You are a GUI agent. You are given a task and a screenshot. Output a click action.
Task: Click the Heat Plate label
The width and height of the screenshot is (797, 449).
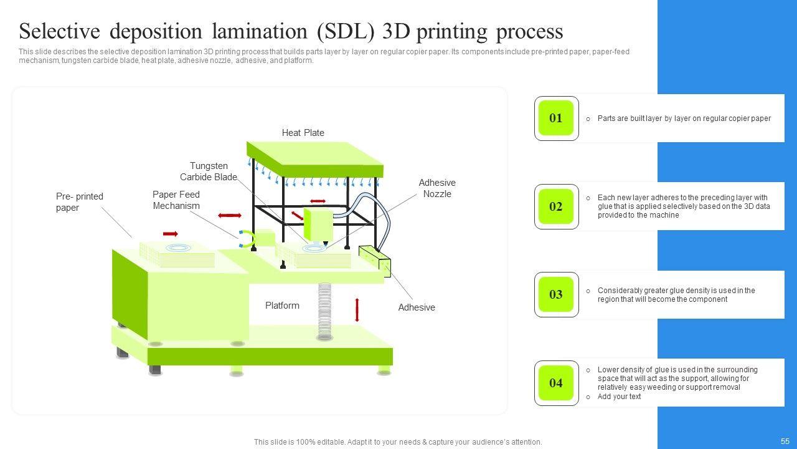coord(303,133)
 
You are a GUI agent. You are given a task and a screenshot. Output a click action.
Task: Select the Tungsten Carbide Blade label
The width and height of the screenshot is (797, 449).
coord(209,171)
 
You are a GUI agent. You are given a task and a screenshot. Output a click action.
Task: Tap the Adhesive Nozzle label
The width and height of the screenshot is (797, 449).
coord(437,188)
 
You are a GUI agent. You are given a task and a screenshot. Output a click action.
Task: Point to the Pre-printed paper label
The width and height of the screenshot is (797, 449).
coord(80,202)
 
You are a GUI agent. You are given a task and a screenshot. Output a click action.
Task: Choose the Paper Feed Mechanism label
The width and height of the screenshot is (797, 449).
coord(176,200)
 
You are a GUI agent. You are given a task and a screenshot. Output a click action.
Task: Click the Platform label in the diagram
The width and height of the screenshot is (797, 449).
coord(282,306)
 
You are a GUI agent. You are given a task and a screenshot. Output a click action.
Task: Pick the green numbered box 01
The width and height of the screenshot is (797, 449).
coord(555,118)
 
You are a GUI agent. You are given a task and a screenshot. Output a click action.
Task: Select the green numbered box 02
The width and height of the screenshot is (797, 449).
coord(555,206)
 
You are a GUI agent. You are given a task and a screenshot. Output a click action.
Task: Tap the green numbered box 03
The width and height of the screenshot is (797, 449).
coord(555,294)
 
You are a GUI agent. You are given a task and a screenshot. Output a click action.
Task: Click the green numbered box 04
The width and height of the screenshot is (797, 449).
coord(555,383)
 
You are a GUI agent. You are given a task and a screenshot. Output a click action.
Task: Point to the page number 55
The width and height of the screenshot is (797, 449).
coord(785,441)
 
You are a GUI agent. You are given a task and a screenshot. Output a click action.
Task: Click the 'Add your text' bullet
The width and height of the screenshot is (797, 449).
coord(619,397)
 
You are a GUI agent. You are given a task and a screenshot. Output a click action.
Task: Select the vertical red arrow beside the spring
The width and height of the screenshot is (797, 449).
coord(357,310)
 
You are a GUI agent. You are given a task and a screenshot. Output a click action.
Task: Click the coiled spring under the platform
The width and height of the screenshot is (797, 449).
coord(324,312)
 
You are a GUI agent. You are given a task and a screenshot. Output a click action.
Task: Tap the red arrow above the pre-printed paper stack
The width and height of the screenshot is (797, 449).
coord(170,234)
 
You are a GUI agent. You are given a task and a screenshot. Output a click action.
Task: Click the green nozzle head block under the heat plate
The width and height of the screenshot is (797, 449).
coord(318,224)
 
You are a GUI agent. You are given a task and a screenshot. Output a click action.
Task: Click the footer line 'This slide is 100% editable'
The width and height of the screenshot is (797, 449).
coord(398,442)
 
